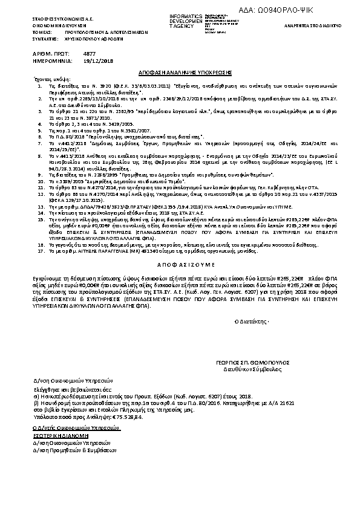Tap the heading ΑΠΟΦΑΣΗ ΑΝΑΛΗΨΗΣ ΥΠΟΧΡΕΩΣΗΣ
[180, 71]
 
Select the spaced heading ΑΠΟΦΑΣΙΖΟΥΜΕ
[180, 265]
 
